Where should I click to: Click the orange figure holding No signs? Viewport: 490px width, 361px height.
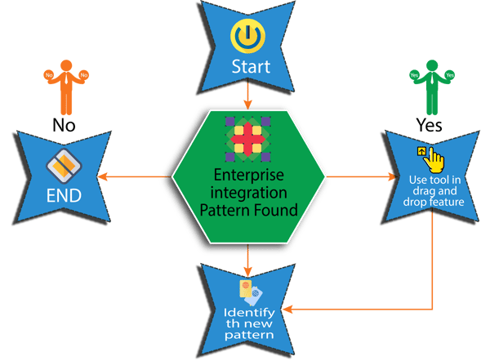pos(62,85)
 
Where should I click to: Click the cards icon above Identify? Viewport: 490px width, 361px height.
pos(249,291)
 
